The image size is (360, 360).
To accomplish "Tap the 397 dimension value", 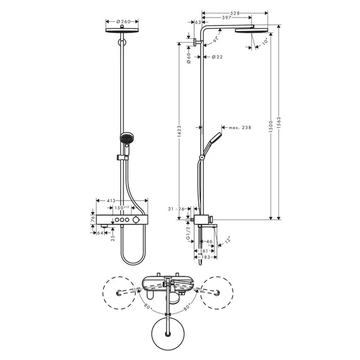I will [226, 18].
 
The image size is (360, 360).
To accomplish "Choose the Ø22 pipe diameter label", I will [217, 57].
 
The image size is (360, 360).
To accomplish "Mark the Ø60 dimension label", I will [189, 56].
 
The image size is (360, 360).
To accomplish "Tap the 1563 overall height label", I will [279, 121].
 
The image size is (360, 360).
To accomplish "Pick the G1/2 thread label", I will [189, 235].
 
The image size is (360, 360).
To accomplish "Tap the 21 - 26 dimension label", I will [178, 209].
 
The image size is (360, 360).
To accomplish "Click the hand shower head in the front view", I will [126, 139].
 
